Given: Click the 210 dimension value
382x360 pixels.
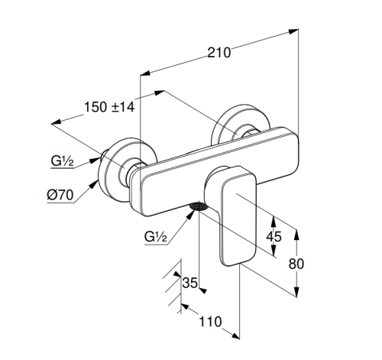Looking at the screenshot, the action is pyautogui.click(x=219, y=53).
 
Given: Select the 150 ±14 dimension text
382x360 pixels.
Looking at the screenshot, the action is pyautogui.click(x=109, y=107).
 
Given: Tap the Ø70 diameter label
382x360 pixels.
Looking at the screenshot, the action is pyautogui.click(x=60, y=195).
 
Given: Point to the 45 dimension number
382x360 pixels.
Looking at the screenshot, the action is pyautogui.click(x=274, y=237).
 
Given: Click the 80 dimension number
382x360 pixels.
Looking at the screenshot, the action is pyautogui.click(x=296, y=264).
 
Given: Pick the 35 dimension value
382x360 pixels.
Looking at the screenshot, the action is pyautogui.click(x=190, y=283).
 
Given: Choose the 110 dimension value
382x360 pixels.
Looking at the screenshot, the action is pyautogui.click(x=210, y=322).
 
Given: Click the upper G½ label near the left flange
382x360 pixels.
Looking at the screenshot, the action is pyautogui.click(x=62, y=161).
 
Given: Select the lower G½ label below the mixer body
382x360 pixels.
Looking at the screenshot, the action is pyautogui.click(x=155, y=236).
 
